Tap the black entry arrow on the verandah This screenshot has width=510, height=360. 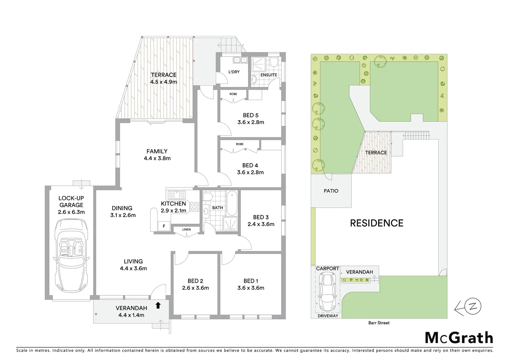point(158,305)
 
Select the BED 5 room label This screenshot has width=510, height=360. point(250,115)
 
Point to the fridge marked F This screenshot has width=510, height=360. point(164,226)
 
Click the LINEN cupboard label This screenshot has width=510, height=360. point(186,229)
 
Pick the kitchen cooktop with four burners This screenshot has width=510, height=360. point(194,207)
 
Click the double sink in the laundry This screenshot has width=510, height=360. point(240,60)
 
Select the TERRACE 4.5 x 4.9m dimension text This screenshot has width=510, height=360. point(163,82)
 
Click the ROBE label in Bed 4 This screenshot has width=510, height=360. point(239,144)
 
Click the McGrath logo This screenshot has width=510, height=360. point(459,338)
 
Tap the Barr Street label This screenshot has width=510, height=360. point(379,323)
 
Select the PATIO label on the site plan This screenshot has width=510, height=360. point(331,191)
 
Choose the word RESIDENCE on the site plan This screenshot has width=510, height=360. point(377,223)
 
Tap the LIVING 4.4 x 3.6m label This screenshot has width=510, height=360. point(133,265)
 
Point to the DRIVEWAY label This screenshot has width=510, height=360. point(328,316)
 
